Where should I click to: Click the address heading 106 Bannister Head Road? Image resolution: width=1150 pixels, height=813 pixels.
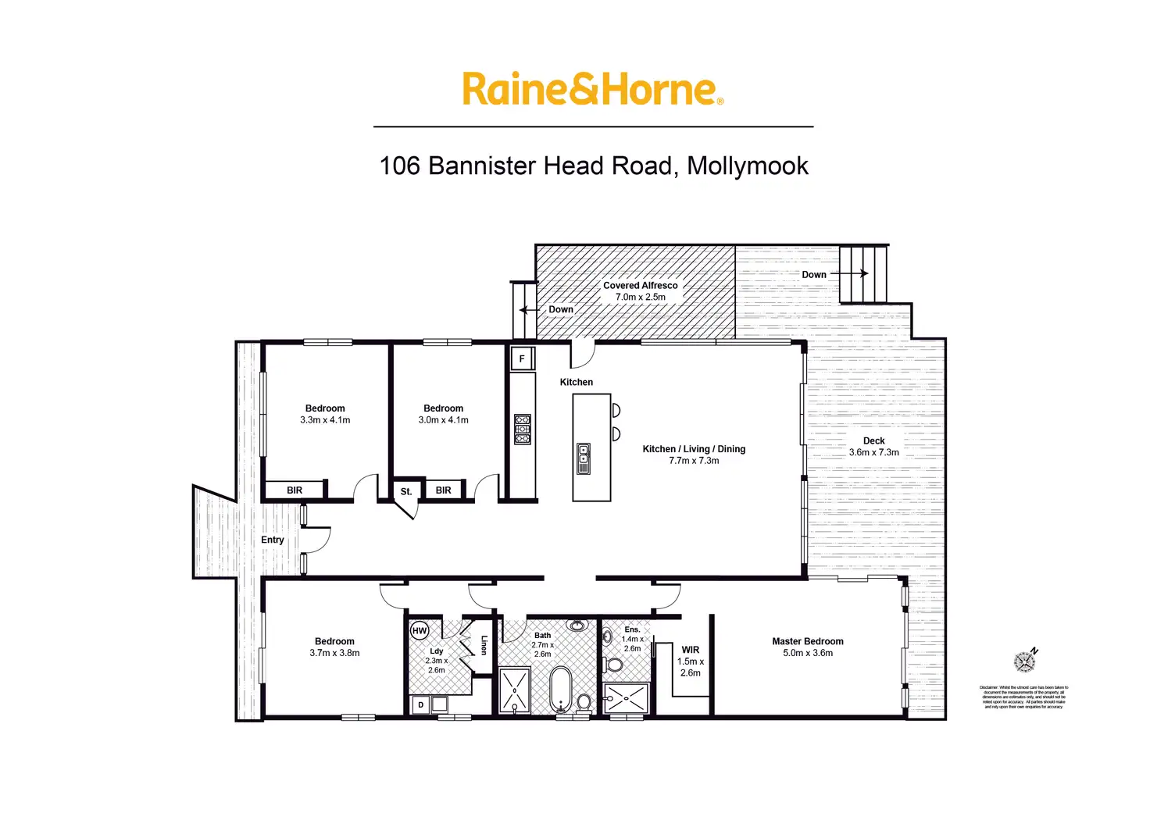[594, 166]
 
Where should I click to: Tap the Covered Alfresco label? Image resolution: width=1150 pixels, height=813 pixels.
[640, 286]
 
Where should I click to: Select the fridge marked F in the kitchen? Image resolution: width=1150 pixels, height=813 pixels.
[522, 359]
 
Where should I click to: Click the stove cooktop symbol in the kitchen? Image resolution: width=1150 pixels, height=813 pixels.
[523, 430]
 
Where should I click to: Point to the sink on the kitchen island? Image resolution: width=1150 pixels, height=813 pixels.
[583, 459]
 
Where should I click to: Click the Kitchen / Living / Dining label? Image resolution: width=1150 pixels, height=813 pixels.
[694, 449]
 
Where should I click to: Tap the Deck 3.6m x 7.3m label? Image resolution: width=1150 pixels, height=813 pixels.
[873, 447]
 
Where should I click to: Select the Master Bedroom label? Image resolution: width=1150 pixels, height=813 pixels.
[808, 641]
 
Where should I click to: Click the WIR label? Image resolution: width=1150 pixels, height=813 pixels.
[691, 650]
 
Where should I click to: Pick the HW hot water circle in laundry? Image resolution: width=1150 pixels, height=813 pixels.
[420, 630]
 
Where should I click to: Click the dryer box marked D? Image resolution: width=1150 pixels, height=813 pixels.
[420, 704]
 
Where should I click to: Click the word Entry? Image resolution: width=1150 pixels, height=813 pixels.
[273, 540]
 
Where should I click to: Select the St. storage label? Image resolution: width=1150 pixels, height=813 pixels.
[405, 491]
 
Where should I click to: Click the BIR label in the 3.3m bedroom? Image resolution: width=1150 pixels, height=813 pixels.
[295, 490]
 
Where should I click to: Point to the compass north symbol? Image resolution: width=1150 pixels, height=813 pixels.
[1025, 661]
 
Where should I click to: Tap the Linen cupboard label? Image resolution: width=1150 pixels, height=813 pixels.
[484, 645]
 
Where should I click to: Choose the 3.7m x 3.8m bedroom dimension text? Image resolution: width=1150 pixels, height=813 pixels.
[334, 653]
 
